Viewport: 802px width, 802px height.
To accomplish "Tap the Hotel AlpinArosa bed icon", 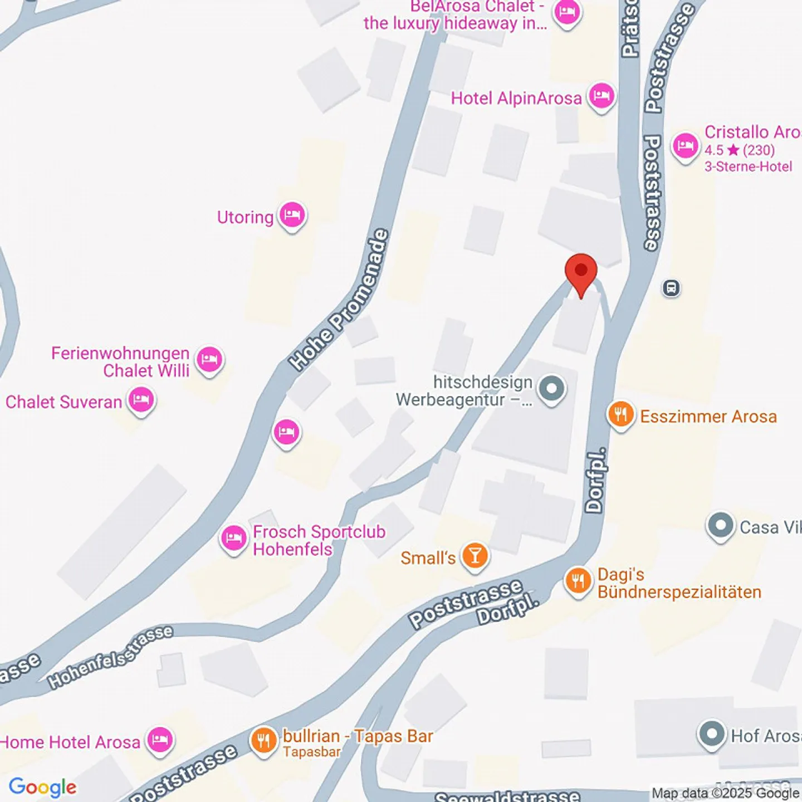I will (601, 96).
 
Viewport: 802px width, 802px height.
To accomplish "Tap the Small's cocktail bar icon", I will (475, 556).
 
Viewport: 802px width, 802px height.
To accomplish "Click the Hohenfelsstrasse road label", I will (110, 657).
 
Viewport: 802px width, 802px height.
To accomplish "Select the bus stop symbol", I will (671, 288).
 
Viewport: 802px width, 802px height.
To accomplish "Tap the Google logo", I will (43, 787).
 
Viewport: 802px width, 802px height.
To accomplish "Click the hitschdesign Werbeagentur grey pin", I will (552, 389).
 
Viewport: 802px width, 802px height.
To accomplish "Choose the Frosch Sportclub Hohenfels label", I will (319, 540).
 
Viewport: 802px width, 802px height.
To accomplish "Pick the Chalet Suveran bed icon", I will (141, 400).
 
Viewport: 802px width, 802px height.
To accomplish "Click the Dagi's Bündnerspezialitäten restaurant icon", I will (579, 581).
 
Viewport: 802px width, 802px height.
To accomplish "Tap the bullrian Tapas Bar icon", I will (263, 741).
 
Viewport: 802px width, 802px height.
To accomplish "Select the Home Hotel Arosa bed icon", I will (160, 741).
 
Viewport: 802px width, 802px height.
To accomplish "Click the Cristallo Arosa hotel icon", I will (685, 146).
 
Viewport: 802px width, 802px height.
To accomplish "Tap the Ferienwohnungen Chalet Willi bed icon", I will (209, 360).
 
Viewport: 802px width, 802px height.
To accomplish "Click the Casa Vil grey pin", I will (721, 526).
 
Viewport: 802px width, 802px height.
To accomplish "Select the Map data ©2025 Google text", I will (725, 793).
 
